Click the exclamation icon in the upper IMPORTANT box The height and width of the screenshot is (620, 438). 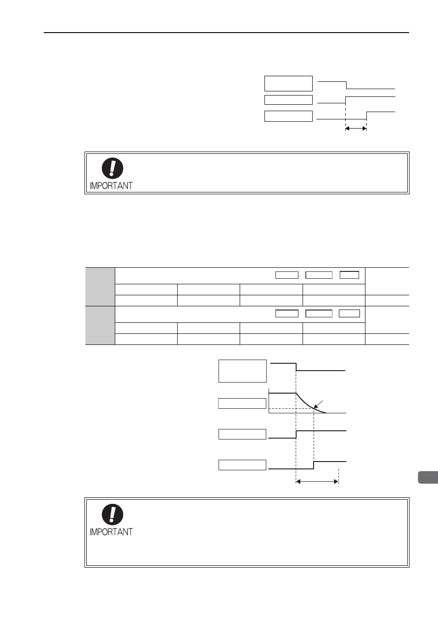[x=112, y=168]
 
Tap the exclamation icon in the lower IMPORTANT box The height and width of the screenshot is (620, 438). [x=112, y=514]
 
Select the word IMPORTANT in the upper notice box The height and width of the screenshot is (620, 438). [x=111, y=186]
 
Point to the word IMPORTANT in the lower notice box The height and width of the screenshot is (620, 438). [x=111, y=532]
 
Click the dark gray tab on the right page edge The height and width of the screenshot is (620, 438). [x=428, y=478]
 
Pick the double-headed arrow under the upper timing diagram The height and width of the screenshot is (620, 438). [x=356, y=129]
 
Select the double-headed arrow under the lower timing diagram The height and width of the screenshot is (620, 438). [x=317, y=482]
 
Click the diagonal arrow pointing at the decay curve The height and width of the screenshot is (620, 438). [x=318, y=405]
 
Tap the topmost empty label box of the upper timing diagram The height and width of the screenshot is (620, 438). [x=289, y=84]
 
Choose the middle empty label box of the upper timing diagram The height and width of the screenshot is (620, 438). [x=289, y=100]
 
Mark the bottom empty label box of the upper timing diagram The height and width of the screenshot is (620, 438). [x=289, y=116]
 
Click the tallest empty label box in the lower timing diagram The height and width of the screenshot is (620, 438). [x=243, y=371]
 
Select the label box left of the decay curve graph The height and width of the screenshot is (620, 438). [x=242, y=404]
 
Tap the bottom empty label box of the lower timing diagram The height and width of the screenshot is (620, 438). [x=242, y=465]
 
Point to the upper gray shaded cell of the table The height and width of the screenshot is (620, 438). [x=100, y=287]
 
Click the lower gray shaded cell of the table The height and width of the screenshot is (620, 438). [x=100, y=325]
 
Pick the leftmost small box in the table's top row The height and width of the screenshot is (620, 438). [x=287, y=275]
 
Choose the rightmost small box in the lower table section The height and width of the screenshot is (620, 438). [x=349, y=314]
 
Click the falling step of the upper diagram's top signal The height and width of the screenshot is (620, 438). [x=347, y=85]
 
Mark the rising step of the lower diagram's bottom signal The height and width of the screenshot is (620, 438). [x=314, y=465]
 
